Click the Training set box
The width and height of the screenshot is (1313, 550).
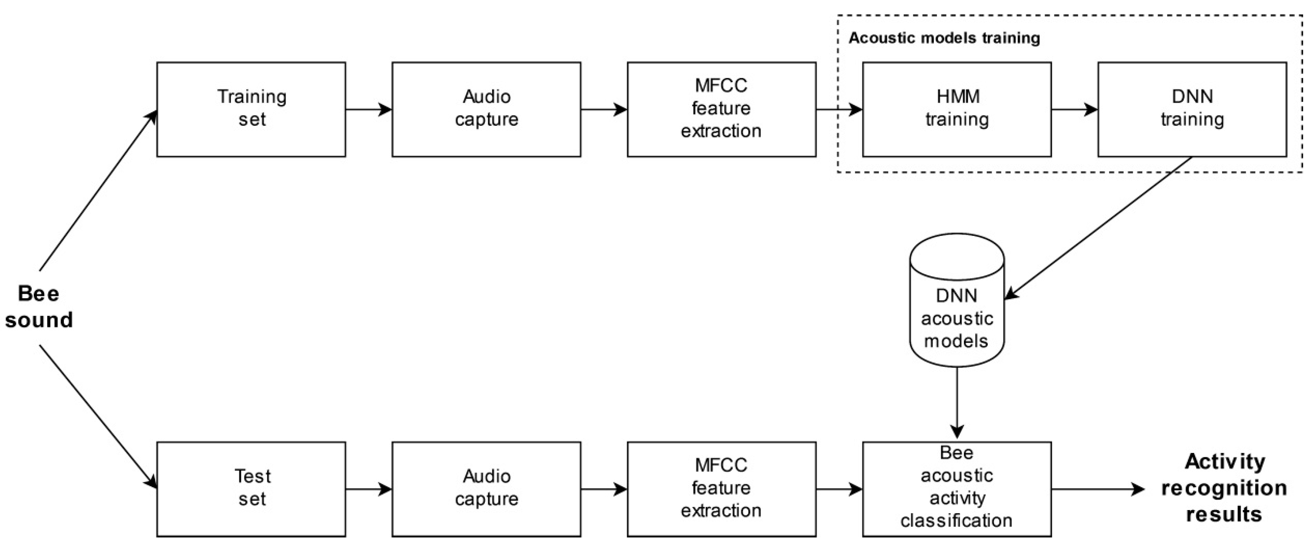point(251,109)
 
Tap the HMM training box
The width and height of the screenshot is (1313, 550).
point(956,109)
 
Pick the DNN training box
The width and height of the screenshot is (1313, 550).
point(1192,109)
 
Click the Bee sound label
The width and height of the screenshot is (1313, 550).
point(39,307)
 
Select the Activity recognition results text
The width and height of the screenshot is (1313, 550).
point(1223,488)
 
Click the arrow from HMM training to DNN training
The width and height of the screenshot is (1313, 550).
point(1073,110)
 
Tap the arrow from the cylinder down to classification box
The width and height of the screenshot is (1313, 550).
point(957,403)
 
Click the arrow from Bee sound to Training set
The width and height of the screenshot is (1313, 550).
point(97,191)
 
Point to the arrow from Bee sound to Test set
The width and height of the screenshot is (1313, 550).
point(97,415)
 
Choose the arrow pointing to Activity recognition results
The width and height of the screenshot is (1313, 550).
point(1096,490)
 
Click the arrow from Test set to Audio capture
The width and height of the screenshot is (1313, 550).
point(368,490)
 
